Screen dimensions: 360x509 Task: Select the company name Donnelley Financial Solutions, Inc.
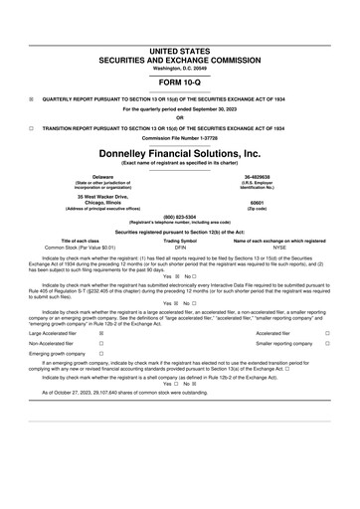pos(179,154)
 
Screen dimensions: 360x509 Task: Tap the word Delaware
pos(95,177)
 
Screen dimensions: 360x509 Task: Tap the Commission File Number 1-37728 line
pos(179,135)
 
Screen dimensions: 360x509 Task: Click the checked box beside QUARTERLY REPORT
pos(32,99)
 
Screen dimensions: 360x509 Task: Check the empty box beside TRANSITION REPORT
pos(32,127)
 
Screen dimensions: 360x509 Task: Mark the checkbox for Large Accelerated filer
pos(102,334)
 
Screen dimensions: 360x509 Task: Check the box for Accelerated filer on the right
pos(327,334)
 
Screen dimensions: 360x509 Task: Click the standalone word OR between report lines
pos(179,118)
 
